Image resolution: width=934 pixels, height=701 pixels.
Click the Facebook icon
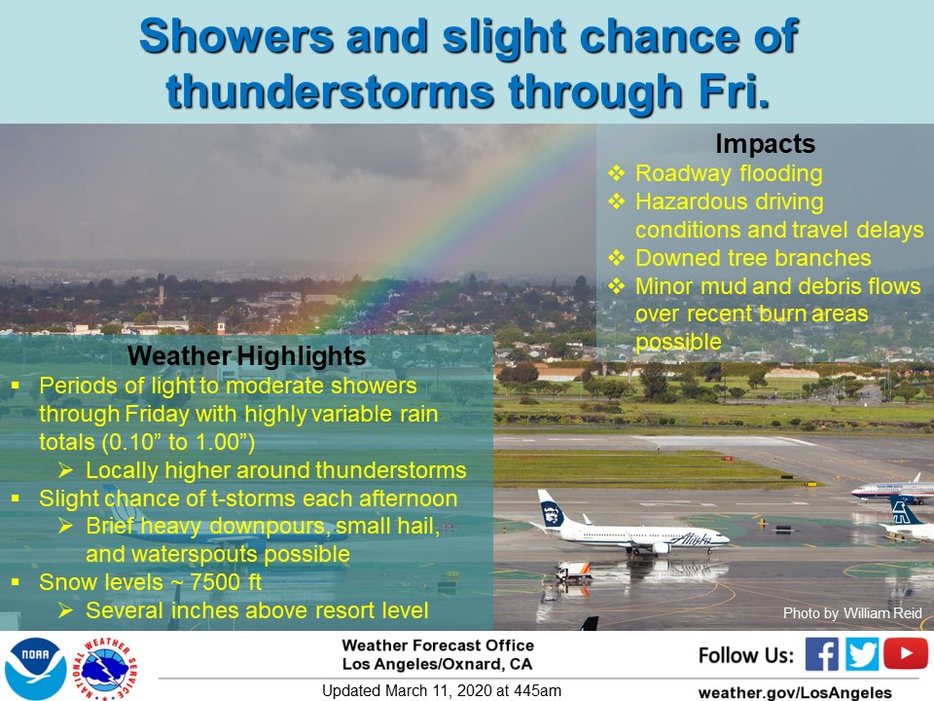point(821,654)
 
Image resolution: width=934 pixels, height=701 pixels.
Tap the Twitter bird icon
point(861,654)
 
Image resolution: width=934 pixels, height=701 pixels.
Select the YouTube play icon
point(906,653)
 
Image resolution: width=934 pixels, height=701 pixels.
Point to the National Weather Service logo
point(105,668)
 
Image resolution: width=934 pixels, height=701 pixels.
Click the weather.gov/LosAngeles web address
point(795,692)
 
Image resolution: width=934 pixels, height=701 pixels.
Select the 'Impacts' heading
point(765,144)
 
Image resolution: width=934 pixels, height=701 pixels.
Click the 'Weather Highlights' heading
point(246,356)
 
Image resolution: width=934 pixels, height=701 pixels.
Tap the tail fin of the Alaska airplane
point(551,508)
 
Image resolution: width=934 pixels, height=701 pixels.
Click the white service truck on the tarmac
point(573,572)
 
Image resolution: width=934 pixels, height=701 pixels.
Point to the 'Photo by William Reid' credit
point(852,612)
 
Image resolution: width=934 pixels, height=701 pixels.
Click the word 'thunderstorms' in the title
point(330,92)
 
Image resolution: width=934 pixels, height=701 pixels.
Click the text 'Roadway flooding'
point(729,173)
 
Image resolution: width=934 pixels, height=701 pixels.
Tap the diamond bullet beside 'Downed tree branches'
point(616,257)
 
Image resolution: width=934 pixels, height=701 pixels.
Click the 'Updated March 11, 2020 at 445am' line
point(442,690)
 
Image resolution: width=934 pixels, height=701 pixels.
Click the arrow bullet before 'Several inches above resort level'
point(65,609)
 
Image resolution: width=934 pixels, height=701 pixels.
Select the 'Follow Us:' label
point(746,655)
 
